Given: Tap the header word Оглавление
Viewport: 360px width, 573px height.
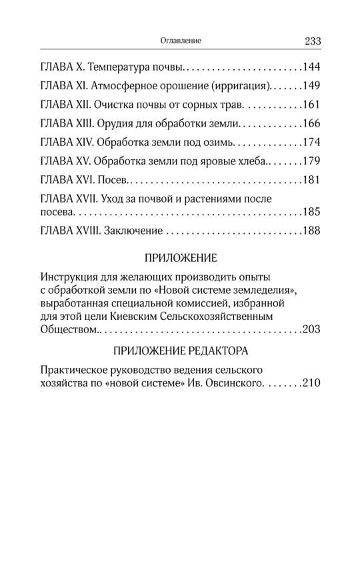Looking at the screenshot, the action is point(180,41).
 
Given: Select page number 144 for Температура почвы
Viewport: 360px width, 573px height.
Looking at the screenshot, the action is point(312,67).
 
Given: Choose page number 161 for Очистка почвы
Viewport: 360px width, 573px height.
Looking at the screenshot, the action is point(312,105).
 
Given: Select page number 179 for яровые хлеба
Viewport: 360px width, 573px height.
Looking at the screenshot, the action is point(312,161).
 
